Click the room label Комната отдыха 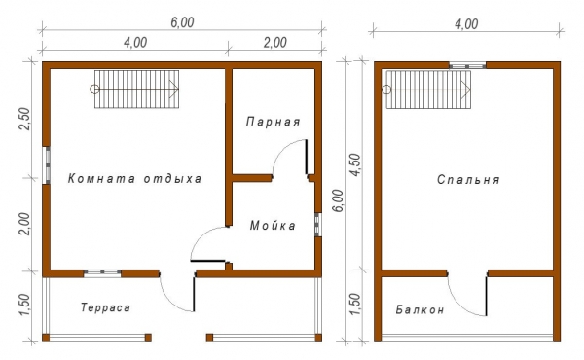134,178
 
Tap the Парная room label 273,122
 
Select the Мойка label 273,225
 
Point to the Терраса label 105,307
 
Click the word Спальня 468,179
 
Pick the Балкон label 420,309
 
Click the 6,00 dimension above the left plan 182,22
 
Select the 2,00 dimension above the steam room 274,42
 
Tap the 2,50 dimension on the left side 24,119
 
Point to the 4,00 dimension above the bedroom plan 466,24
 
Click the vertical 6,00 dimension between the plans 338,200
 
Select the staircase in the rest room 136,90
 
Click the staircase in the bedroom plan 428,90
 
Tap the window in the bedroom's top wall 467,66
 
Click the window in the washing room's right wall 317,225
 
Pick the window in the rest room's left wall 47,165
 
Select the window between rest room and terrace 102,272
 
